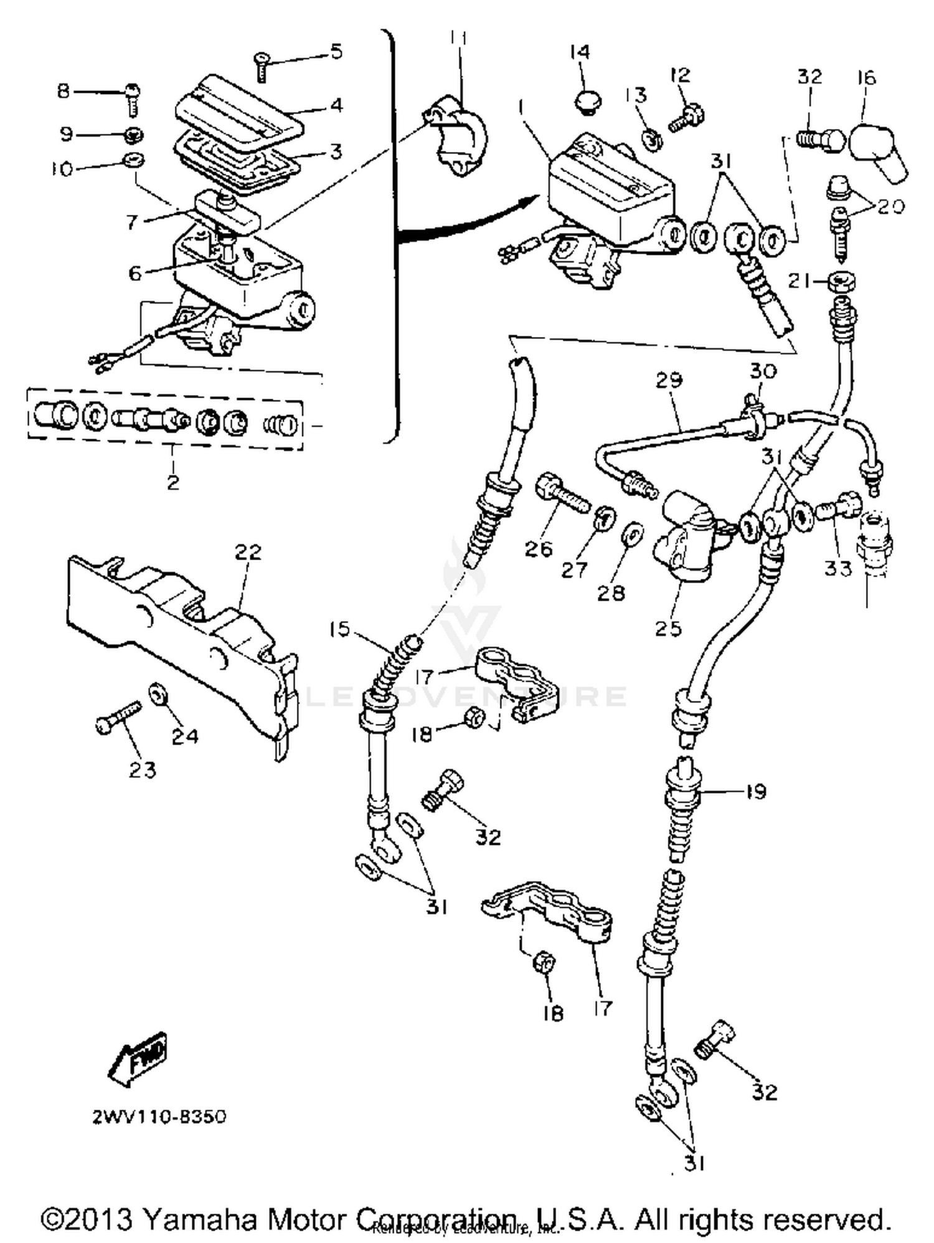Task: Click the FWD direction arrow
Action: pyautogui.click(x=139, y=1057)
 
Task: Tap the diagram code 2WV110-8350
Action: pyautogui.click(x=159, y=1117)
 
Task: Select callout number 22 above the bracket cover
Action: pyautogui.click(x=248, y=553)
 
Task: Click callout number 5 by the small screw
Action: pyautogui.click(x=336, y=51)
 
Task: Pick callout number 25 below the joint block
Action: pyautogui.click(x=668, y=628)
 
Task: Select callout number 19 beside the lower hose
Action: pyautogui.click(x=756, y=793)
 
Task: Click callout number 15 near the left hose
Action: pyautogui.click(x=340, y=629)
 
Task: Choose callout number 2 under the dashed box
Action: pyautogui.click(x=172, y=482)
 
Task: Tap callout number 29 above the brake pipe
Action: pyautogui.click(x=669, y=380)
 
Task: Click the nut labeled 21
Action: pyautogui.click(x=841, y=282)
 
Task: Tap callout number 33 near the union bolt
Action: pyautogui.click(x=837, y=567)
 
